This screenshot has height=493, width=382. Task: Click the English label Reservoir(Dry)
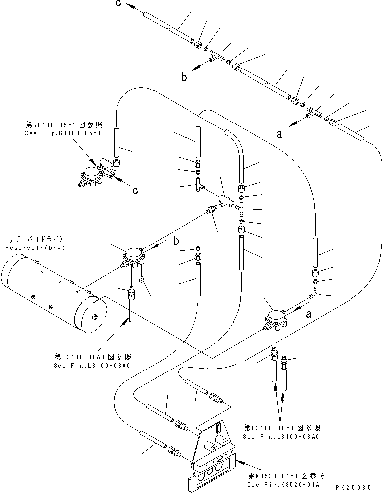[x=34, y=247]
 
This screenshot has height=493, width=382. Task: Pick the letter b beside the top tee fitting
[x=184, y=77]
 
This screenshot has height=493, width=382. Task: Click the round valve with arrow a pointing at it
[x=275, y=319]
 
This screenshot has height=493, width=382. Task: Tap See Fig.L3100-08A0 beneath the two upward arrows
[x=281, y=436]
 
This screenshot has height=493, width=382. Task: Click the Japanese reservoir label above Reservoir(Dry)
[x=34, y=239]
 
